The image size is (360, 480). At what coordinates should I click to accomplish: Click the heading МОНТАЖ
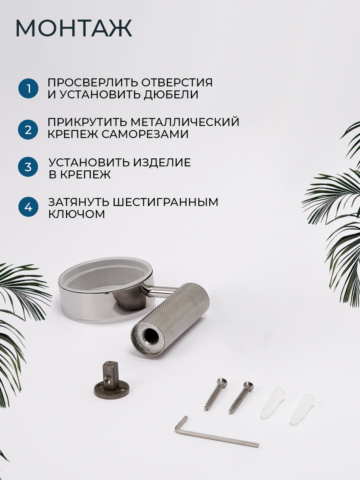(x=74, y=28)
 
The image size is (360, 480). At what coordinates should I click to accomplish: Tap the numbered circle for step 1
(x=28, y=88)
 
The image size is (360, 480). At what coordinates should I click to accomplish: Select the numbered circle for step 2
(x=28, y=130)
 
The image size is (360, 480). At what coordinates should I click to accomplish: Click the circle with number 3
(x=28, y=167)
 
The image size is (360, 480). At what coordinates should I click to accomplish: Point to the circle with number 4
(x=28, y=207)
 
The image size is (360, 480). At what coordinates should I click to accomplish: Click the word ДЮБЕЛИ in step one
(x=171, y=95)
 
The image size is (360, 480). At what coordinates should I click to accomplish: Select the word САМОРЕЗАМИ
(x=145, y=134)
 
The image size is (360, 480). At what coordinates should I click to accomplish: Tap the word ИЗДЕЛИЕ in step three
(x=162, y=162)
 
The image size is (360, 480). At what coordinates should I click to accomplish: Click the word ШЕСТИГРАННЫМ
(x=165, y=202)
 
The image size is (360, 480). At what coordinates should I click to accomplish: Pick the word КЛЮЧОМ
(x=76, y=214)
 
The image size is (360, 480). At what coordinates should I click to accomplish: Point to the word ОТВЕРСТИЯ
(x=177, y=83)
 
